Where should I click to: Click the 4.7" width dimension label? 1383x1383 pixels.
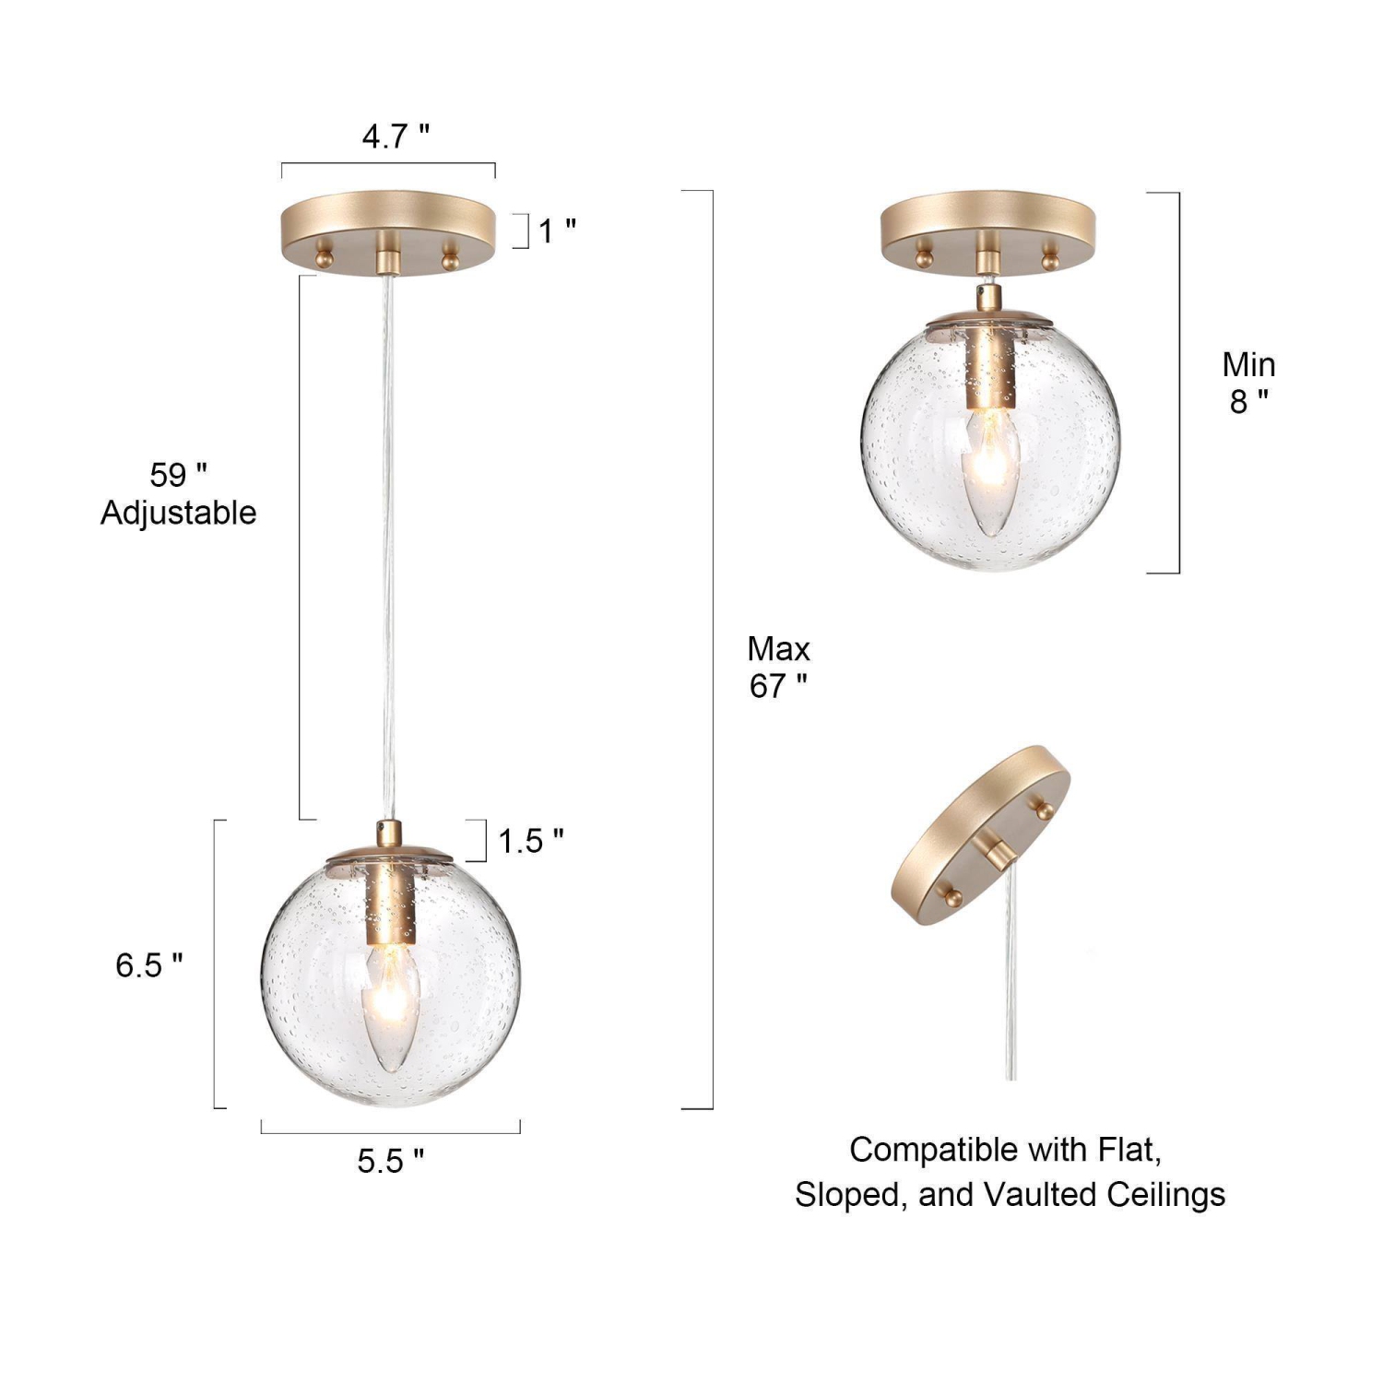[396, 136]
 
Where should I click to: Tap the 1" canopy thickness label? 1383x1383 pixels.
[556, 230]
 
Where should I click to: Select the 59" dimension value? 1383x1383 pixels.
[178, 475]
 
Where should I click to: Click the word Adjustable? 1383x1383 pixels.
[178, 513]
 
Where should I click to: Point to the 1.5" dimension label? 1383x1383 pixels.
[530, 841]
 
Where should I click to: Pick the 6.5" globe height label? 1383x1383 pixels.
[148, 965]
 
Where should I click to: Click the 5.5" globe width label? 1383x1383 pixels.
[391, 1161]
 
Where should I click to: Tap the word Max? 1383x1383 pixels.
[778, 649]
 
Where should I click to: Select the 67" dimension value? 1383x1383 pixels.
[778, 687]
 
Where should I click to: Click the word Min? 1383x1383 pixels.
[1248, 365]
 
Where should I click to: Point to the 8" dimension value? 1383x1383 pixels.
[1248, 402]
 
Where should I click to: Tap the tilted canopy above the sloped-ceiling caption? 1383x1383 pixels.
[979, 834]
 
